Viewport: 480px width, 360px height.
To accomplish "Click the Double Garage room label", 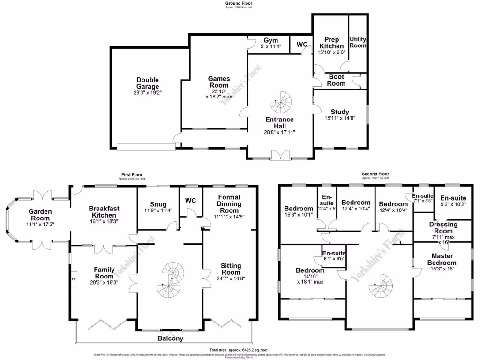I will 148,83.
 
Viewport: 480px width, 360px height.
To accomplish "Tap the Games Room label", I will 218,82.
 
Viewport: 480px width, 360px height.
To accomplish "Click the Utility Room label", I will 358,43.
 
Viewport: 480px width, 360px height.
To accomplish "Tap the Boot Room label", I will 337,80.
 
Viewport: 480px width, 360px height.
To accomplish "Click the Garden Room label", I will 40,215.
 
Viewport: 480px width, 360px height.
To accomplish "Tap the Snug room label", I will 158,204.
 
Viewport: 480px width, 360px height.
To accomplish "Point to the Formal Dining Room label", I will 229,203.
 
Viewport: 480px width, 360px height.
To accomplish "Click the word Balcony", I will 170,338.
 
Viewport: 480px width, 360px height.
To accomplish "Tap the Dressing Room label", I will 443,228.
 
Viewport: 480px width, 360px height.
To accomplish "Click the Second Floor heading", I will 375,174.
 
